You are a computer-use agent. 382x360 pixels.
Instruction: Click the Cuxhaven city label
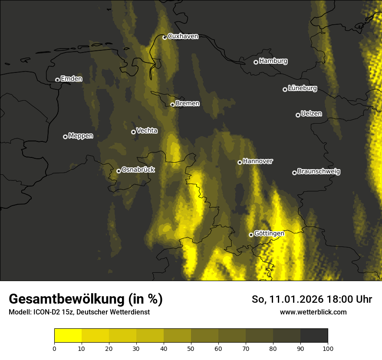pos(183,36)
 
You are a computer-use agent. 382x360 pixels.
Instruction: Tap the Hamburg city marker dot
pos(256,62)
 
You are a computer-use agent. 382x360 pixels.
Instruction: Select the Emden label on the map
pos(71,79)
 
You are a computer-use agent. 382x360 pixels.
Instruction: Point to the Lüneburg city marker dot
pos(285,89)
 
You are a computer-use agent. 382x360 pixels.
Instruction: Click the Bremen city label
pos(188,104)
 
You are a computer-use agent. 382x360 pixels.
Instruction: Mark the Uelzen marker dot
pos(298,115)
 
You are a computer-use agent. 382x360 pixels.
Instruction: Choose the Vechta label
pos(147,131)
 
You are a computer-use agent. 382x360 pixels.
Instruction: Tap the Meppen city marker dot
pos(65,137)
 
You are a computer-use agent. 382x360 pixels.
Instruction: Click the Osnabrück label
pos(138,170)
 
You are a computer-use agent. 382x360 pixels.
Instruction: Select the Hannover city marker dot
pos(240,162)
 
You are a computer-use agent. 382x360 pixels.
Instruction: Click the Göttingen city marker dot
pos(251,235)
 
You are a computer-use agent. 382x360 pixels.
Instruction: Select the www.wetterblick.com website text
pos(313,312)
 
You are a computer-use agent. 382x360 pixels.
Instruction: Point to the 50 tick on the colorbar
pos(191,348)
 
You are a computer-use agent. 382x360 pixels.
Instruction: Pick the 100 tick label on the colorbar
pos(328,348)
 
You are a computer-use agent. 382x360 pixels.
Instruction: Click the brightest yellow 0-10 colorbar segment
pos(68,336)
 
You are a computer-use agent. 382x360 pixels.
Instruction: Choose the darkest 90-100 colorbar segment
pos(314,336)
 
